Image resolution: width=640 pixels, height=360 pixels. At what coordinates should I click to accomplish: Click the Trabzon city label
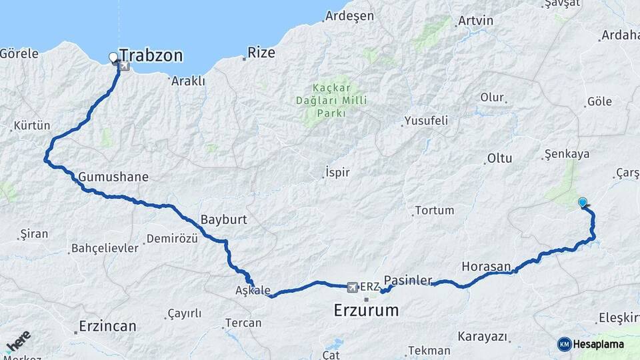[x=151, y=55]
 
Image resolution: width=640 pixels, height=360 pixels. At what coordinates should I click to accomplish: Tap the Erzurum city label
[x=366, y=310]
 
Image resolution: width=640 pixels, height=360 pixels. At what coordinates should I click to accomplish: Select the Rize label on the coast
[x=261, y=53]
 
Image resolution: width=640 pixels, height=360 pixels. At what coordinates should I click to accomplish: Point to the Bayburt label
[x=224, y=219]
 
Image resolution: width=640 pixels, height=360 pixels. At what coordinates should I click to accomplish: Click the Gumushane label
[x=113, y=177]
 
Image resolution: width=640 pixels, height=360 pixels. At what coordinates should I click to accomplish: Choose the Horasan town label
[x=485, y=267]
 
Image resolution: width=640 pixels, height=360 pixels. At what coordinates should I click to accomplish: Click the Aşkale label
[x=253, y=291]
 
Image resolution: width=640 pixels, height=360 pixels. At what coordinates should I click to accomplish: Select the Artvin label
[x=476, y=21]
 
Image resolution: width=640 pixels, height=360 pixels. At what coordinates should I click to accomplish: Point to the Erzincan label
[x=107, y=327]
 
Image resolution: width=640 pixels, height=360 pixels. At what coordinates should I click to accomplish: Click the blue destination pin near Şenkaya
[x=583, y=203]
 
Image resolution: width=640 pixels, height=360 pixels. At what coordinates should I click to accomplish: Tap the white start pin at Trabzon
[x=113, y=58]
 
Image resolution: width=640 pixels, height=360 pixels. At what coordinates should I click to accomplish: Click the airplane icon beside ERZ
[x=352, y=287]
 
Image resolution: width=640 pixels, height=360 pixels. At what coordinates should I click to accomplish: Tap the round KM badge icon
[x=565, y=344]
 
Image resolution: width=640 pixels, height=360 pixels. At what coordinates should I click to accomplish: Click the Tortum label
[x=434, y=211]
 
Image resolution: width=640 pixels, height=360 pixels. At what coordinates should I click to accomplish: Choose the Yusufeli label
[x=425, y=121]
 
